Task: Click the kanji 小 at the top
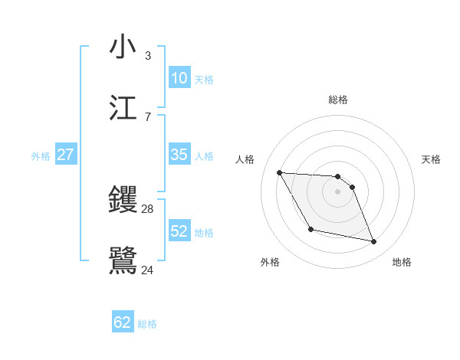123,47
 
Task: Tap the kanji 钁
123,201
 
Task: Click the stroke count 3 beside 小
147,55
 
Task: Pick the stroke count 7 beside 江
147,116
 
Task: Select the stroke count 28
147,209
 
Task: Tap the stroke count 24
147,270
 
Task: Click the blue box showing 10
179,78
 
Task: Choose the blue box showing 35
179,155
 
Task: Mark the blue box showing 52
179,231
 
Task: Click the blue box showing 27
65,155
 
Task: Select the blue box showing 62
123,322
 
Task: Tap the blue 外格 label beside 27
41,156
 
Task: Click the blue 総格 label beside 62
147,324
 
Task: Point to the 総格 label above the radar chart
337,100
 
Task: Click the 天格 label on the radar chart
432,159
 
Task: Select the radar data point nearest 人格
279,172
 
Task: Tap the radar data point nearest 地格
374,242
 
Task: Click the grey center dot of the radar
337,191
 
